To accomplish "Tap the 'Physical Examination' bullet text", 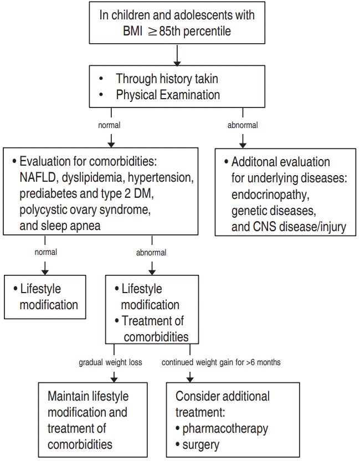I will coord(168,95).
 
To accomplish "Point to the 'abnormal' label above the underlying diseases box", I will coord(243,125).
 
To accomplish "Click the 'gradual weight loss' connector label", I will coord(110,362).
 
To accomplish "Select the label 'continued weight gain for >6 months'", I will coord(221,362).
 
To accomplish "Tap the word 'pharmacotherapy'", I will coord(225,428).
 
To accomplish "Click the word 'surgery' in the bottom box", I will coord(200,444).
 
